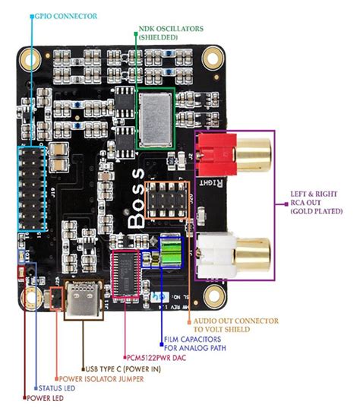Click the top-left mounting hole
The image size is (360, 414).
tap(31, 58)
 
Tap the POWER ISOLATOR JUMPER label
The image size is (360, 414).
tap(107, 378)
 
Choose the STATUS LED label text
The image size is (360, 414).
tap(69, 387)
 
